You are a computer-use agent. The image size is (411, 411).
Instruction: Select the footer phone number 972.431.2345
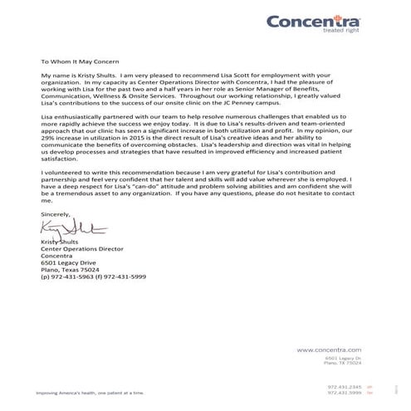(x=344, y=386)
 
